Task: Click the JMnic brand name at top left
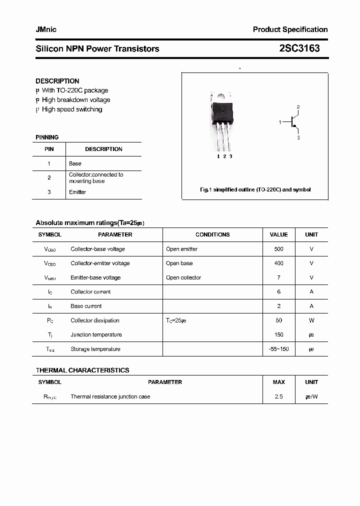click(46, 29)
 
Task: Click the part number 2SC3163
click(299, 48)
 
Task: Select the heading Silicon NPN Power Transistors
click(97, 49)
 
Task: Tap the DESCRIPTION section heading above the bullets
click(57, 81)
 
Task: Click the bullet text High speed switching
click(72, 109)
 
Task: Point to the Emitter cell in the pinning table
click(77, 192)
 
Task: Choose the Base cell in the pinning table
click(75, 163)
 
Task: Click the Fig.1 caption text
click(255, 190)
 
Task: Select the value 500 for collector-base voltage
click(278, 249)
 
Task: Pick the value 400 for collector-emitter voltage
click(278, 263)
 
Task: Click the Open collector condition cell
click(183, 277)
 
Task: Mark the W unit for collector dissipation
click(311, 320)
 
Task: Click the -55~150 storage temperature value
click(278, 349)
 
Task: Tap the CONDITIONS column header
click(212, 234)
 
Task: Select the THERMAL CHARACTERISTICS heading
click(82, 370)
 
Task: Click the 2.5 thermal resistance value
click(278, 396)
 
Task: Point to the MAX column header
click(278, 382)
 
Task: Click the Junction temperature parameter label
click(96, 335)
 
